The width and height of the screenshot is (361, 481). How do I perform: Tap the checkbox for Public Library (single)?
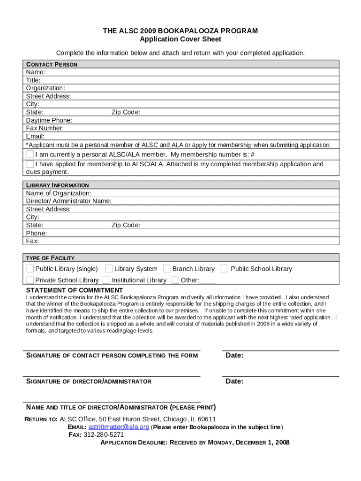pyautogui.click(x=30, y=269)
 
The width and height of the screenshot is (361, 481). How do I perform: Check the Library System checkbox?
pyautogui.click(x=109, y=269)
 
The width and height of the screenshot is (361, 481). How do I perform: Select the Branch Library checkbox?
pyautogui.click(x=167, y=269)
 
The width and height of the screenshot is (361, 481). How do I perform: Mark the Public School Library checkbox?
pyautogui.click(x=224, y=269)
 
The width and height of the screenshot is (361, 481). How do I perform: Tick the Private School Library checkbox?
pyautogui.click(x=30, y=280)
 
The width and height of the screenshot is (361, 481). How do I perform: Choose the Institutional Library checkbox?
pyautogui.click(x=107, y=280)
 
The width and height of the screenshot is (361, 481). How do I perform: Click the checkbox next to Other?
pyautogui.click(x=175, y=280)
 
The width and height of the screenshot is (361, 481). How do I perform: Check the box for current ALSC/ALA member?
pyautogui.click(x=30, y=155)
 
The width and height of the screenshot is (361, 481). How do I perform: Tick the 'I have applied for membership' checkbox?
pyautogui.click(x=30, y=164)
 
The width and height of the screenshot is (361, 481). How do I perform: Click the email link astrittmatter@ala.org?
pyautogui.click(x=119, y=427)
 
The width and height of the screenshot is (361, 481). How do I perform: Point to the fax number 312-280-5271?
pyautogui.click(x=104, y=434)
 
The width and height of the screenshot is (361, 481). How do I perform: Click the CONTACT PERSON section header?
pyautogui.click(x=52, y=64)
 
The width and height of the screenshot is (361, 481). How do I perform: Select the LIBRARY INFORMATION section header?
pyautogui.click(x=57, y=185)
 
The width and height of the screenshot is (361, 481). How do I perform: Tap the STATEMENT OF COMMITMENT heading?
pyautogui.click(x=75, y=290)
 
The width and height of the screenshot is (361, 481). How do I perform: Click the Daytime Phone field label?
pyautogui.click(x=49, y=120)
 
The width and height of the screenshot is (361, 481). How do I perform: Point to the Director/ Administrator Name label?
pyautogui.click(x=69, y=201)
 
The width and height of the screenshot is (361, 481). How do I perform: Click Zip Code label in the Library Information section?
pyautogui.click(x=126, y=225)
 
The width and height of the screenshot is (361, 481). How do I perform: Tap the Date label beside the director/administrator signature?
pyautogui.click(x=234, y=381)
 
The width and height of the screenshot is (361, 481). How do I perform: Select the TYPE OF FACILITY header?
pyautogui.click(x=50, y=258)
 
